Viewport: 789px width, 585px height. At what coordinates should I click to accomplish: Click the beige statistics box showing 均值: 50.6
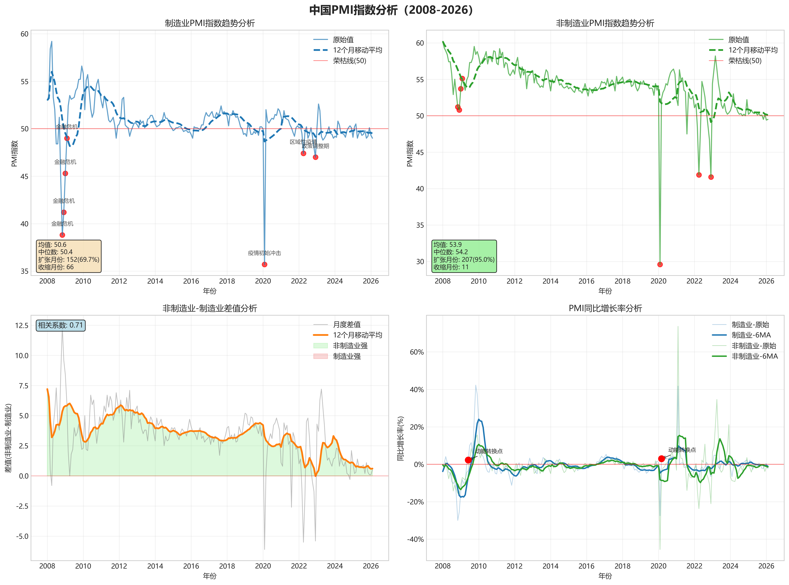(69, 256)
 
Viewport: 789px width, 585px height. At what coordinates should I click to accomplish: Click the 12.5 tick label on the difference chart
(22, 325)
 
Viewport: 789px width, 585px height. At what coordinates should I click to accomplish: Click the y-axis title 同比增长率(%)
(400, 438)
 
